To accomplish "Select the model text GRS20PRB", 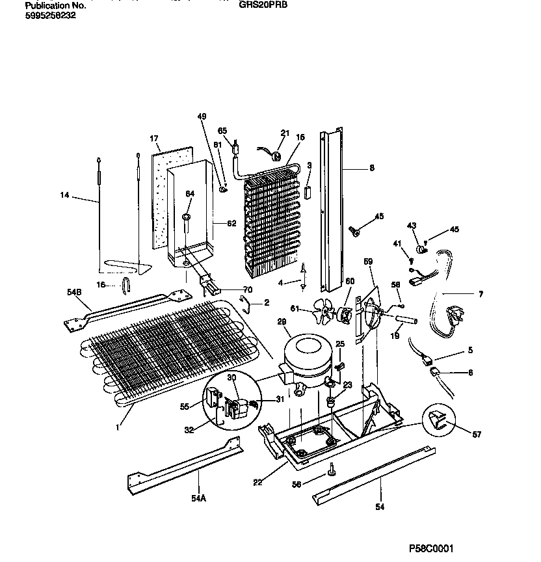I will (263, 4).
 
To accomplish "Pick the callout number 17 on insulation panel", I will (154, 139).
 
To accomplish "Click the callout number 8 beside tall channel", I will (371, 168).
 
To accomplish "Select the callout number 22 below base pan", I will (259, 482).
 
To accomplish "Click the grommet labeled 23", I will (332, 401).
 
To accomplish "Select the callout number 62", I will (231, 224).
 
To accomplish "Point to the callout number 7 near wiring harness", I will (480, 294).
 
